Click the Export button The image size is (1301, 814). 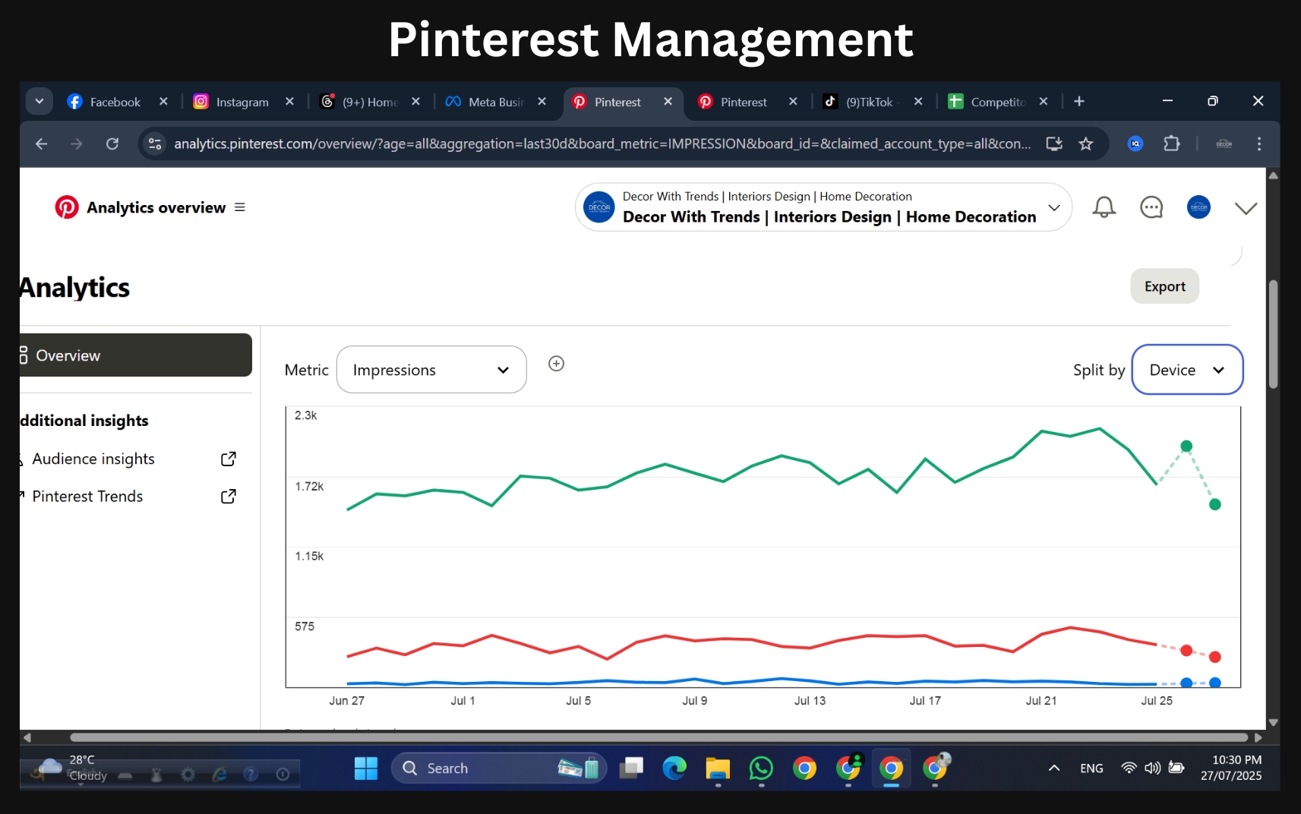point(1164,286)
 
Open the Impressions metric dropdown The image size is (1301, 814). point(431,370)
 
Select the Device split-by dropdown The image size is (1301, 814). point(1186,370)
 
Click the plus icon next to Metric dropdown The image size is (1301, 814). point(556,364)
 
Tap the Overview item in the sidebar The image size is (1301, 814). point(135,355)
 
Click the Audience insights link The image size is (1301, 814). point(93,459)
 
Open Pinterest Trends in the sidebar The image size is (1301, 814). point(87,496)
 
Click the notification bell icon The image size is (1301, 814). point(1104,207)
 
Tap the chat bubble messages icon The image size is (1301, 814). point(1151,207)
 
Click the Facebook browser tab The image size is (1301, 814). point(114,102)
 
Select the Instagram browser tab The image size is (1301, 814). point(242,102)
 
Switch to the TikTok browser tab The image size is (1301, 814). point(868,102)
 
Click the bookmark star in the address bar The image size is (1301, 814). point(1085,144)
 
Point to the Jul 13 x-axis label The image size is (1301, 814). point(810,701)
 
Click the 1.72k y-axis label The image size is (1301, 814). point(309,486)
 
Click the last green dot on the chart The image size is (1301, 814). point(1214,504)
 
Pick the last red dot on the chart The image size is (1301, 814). point(1214,657)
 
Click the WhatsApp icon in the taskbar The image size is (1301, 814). point(760,768)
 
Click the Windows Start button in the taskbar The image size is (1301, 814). point(365,768)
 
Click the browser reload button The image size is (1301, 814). point(112,144)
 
